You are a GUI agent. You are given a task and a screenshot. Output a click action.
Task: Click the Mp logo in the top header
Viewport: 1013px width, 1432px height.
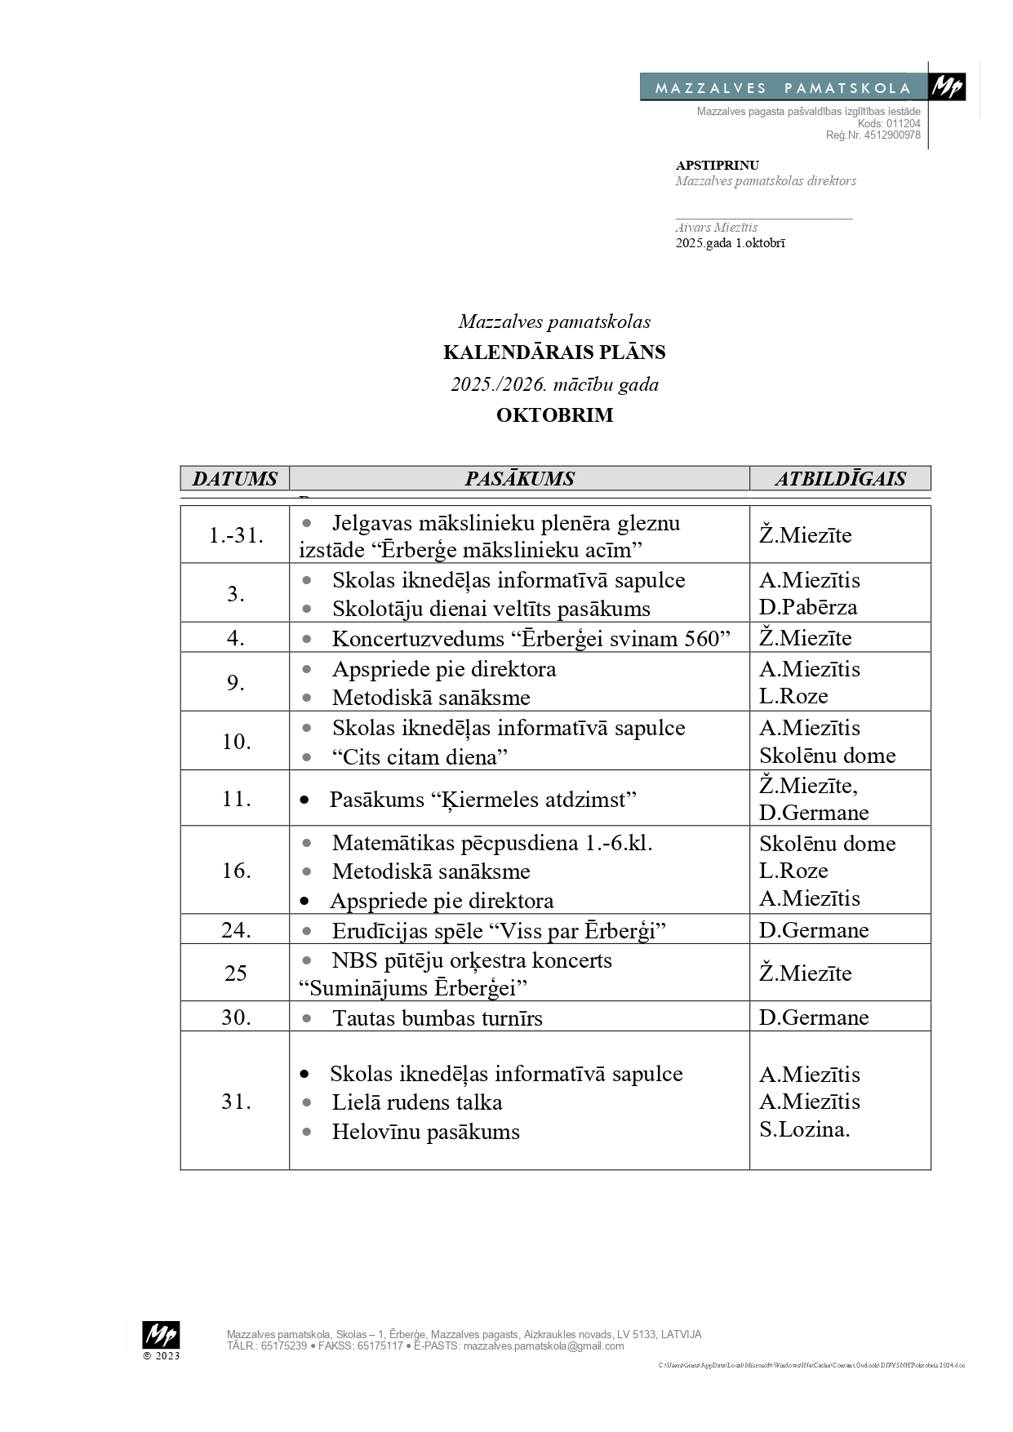[x=948, y=86]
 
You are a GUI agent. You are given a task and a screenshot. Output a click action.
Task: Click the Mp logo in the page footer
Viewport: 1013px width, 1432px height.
[x=161, y=1335]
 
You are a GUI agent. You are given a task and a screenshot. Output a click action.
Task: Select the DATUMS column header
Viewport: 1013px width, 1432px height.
[x=235, y=479]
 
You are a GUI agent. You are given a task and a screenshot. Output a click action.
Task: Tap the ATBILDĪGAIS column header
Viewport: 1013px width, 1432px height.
[x=840, y=479]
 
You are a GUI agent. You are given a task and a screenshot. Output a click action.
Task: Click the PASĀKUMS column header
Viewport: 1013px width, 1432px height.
[x=519, y=479]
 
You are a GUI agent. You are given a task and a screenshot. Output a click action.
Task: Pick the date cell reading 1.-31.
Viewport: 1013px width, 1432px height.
[x=235, y=535]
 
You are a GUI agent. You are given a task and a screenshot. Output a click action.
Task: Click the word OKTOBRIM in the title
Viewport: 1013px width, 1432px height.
[x=554, y=415]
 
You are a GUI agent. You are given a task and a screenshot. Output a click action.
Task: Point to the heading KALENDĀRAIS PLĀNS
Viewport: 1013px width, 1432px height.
[x=554, y=352]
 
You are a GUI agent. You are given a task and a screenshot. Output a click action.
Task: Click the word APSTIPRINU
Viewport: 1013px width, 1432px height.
[x=717, y=166]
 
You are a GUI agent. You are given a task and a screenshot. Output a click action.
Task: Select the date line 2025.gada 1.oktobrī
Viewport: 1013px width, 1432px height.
[x=730, y=243]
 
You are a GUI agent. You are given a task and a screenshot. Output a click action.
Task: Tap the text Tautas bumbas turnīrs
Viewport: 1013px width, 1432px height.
[x=437, y=1018]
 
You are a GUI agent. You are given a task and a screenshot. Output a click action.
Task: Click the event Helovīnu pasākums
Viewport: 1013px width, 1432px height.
[x=425, y=1132]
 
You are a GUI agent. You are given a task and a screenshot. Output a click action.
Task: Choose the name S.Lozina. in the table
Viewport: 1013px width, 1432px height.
[x=804, y=1129]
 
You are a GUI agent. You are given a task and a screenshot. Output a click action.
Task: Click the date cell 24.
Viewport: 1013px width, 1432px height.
[x=235, y=930]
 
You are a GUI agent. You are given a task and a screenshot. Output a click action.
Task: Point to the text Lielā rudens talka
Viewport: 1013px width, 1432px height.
[x=416, y=1102]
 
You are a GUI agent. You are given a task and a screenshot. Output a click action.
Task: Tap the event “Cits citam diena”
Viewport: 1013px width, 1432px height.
[x=420, y=757]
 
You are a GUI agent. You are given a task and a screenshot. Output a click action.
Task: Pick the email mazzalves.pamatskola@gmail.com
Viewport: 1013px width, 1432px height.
[x=544, y=1346]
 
